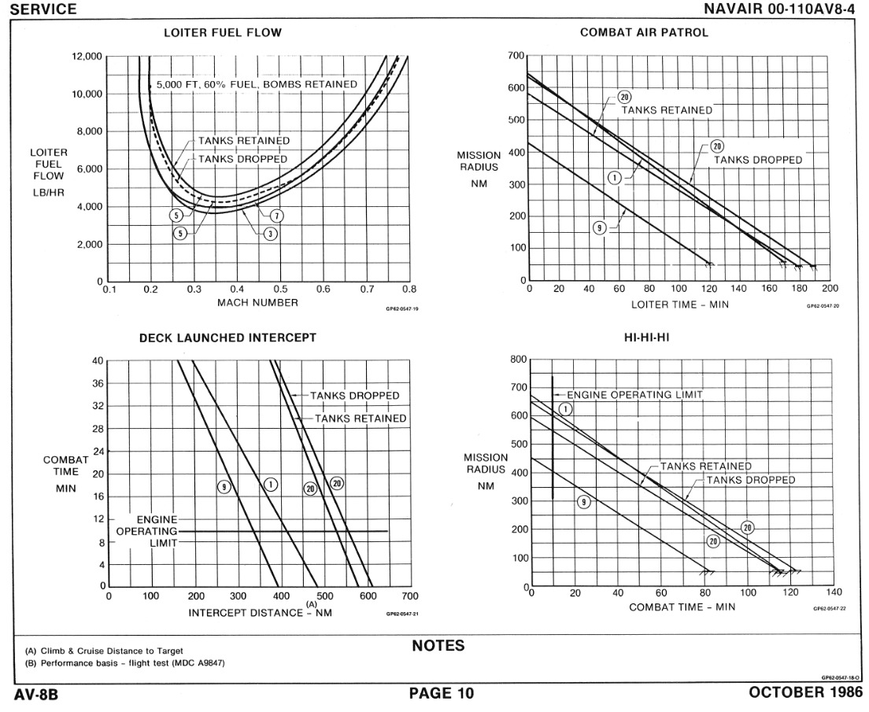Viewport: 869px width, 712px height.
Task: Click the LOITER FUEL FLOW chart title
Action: [222, 33]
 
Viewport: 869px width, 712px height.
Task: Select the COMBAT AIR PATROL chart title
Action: [644, 33]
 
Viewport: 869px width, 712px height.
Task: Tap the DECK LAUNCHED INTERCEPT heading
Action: [227, 338]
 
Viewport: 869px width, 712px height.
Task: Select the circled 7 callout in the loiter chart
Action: [277, 216]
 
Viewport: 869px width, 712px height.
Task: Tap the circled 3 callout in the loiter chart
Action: [269, 234]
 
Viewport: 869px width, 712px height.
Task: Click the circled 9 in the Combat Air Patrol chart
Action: [599, 227]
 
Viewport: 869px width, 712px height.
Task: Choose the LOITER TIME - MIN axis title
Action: [680, 304]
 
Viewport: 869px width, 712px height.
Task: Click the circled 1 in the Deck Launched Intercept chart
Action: [270, 485]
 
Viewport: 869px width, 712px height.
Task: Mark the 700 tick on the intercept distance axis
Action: [410, 597]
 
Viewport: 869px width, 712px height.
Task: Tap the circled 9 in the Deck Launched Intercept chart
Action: [224, 487]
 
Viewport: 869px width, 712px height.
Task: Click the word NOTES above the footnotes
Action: [438, 647]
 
